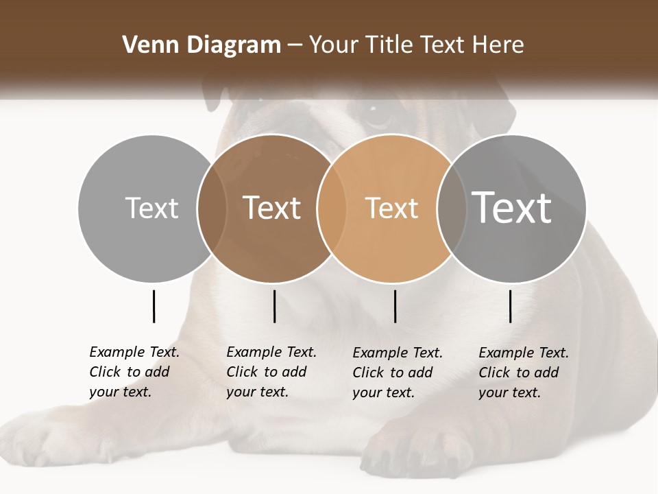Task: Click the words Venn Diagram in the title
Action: (x=202, y=45)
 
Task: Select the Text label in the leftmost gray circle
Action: (x=151, y=208)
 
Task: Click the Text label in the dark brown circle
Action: (x=272, y=208)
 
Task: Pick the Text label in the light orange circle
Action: (x=391, y=208)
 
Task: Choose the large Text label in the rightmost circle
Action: (x=511, y=207)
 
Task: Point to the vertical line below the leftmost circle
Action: (x=154, y=306)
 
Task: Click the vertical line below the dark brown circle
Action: (x=274, y=306)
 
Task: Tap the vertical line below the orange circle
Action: (x=395, y=306)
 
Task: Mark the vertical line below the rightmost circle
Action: (x=510, y=306)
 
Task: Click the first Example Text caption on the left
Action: (x=134, y=372)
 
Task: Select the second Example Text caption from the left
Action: (x=271, y=372)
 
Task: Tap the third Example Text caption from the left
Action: (x=398, y=373)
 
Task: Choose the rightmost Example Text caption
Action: (x=524, y=373)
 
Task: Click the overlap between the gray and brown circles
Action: (x=212, y=208)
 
